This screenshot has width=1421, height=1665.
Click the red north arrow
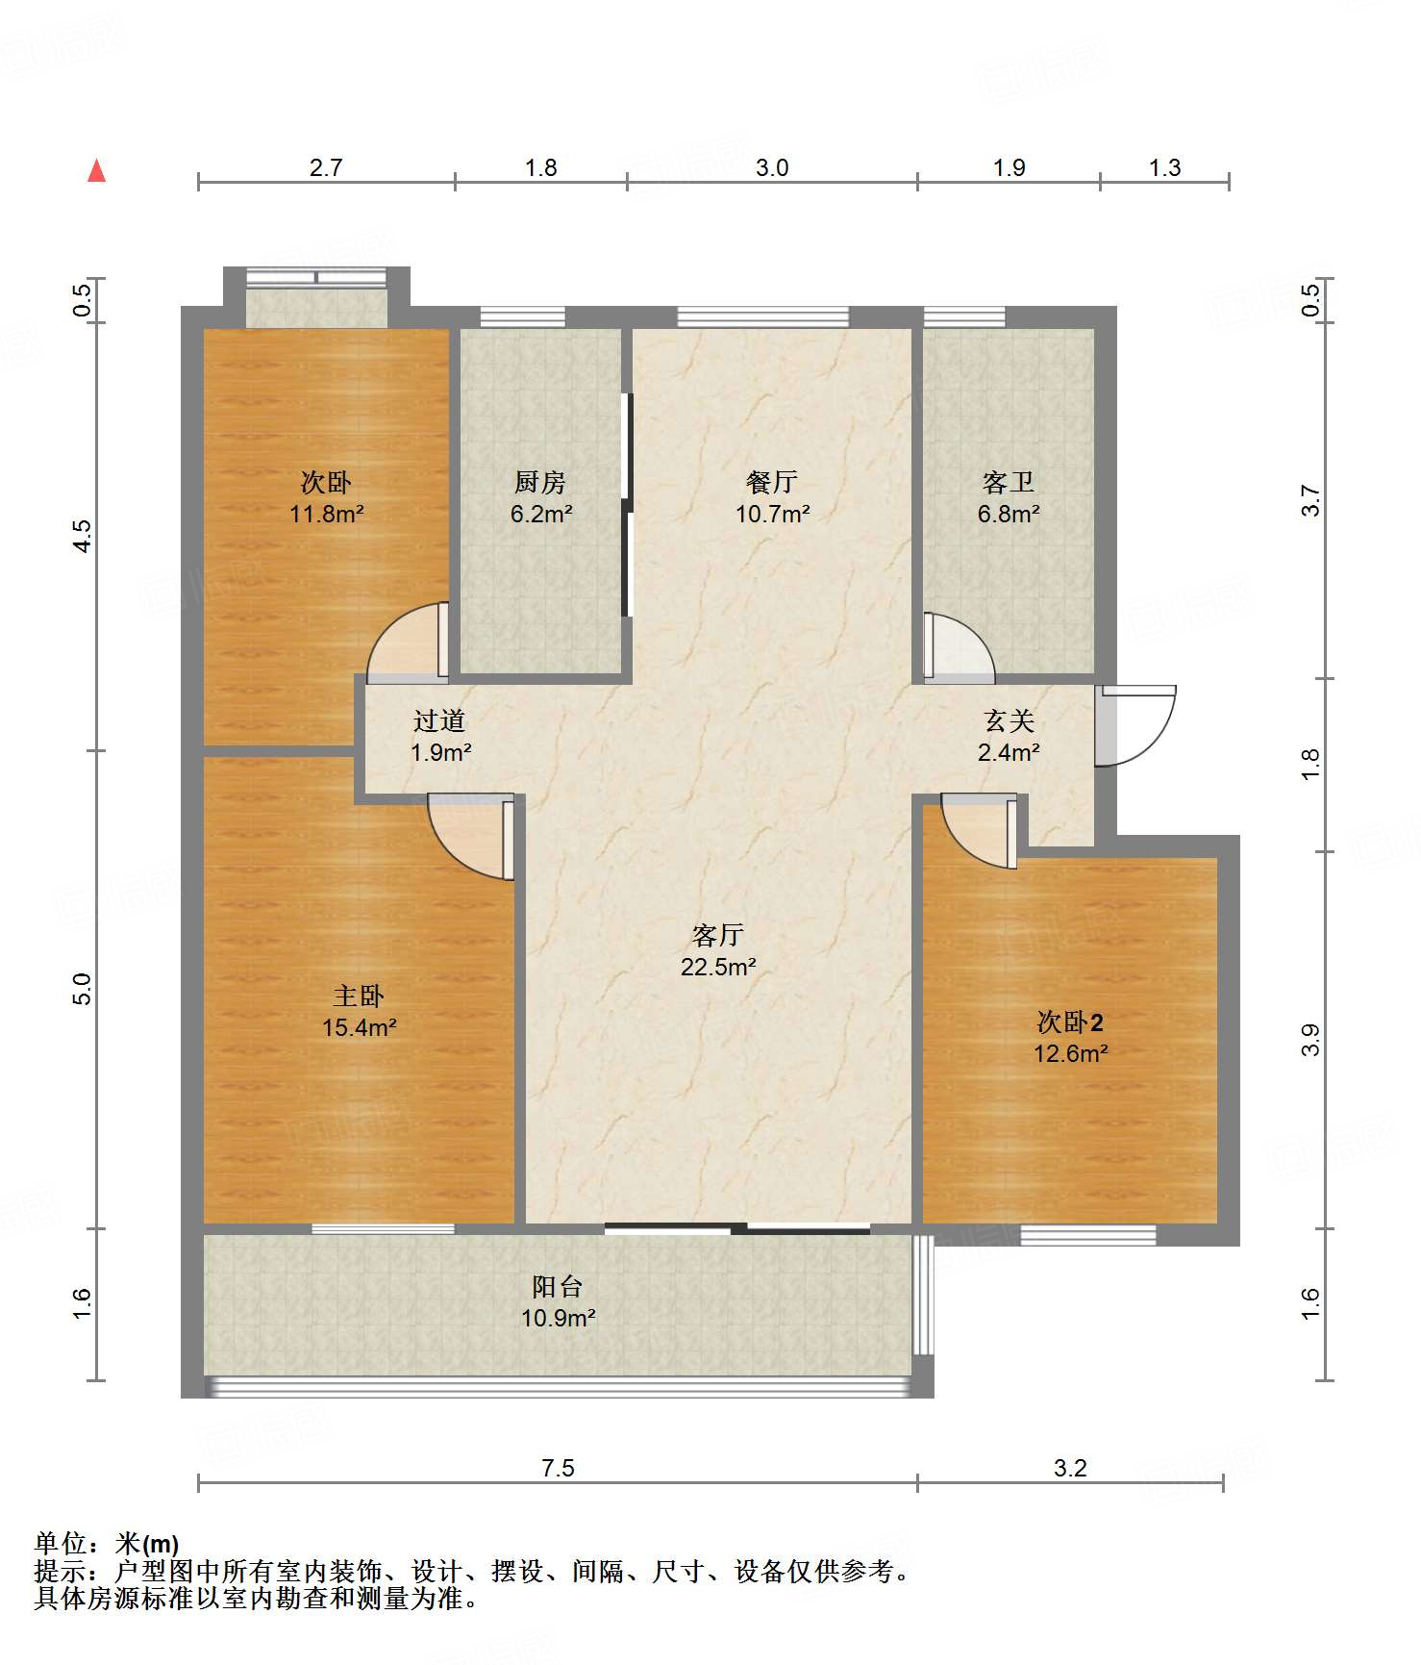click(96, 170)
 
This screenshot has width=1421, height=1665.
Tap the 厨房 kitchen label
click(540, 482)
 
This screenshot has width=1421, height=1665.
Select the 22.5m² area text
click(718, 967)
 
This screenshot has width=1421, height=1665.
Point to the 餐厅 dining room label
click(772, 482)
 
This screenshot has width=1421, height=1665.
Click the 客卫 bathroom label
click(1009, 482)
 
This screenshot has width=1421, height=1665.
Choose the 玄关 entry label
click(1009, 720)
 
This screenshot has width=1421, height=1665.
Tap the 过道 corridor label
click(439, 720)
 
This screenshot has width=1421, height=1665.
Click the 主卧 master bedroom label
click(359, 996)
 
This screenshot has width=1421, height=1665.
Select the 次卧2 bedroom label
click(1070, 1022)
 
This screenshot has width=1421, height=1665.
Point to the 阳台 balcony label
click(558, 1286)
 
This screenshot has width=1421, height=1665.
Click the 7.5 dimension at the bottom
click(558, 1468)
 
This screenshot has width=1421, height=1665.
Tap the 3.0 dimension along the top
click(772, 167)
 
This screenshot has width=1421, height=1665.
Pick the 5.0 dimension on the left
click(83, 989)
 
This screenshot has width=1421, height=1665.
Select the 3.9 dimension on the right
click(1310, 1040)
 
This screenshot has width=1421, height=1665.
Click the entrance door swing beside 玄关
click(1136, 725)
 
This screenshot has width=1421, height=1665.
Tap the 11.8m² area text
click(327, 514)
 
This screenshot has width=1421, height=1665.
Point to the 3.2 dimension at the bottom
click(1070, 1468)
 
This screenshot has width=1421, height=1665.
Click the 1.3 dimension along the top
click(1164, 167)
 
